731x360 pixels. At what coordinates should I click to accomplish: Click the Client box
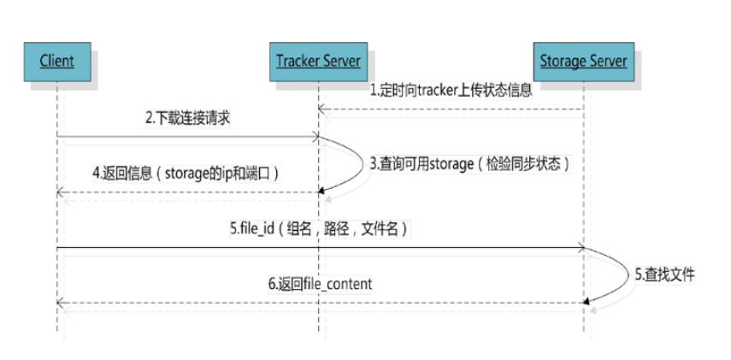[x=56, y=61]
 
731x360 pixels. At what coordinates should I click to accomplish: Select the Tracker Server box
[x=318, y=61]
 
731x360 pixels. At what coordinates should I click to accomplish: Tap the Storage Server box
[x=583, y=61]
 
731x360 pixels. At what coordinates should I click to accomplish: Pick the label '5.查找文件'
[x=663, y=274]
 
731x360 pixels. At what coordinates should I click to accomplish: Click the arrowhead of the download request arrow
[x=314, y=136]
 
